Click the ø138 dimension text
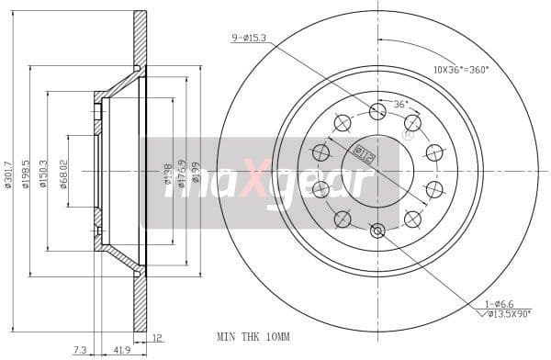168,172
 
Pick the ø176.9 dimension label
184,172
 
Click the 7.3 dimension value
81,350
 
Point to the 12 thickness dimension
159,338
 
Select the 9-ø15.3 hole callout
248,38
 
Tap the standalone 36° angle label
401,104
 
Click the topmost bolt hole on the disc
377,111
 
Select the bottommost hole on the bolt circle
377,231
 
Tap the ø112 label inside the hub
364,152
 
